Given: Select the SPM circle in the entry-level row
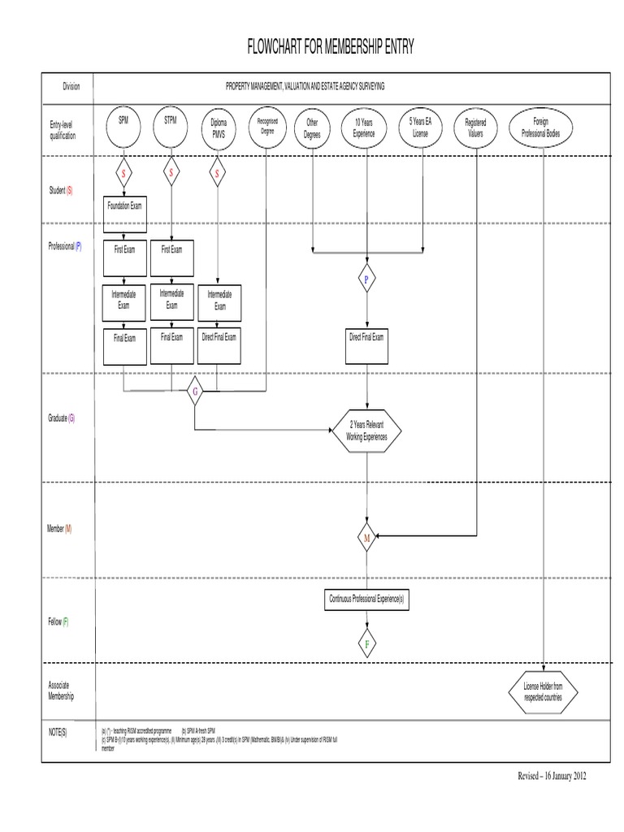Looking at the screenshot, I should pos(123,127).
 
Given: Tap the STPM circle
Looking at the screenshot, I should pos(171,127).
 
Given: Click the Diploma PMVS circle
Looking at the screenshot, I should pos(218,128).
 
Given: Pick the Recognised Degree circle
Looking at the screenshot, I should pos(266,127).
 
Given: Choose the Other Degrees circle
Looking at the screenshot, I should pos(313,128).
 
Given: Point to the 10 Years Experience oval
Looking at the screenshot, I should pos(364,128).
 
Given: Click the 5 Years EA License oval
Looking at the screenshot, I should pos(420,128).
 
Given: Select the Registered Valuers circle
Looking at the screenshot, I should pos(474,128).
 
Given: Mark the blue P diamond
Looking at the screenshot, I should pos(366,279).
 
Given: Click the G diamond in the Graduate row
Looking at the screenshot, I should pos(194,393).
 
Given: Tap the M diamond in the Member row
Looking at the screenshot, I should pos(366,537).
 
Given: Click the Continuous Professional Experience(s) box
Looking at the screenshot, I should pos(366,599).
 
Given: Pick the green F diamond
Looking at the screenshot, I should pos(366,644).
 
